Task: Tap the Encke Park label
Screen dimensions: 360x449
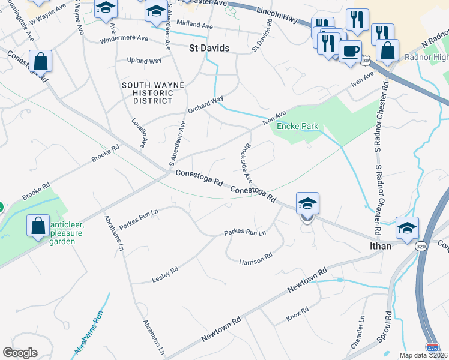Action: pyautogui.click(x=297, y=127)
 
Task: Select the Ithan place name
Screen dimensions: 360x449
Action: pyautogui.click(x=381, y=246)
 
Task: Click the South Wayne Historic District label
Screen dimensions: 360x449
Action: pyautogui.click(x=153, y=93)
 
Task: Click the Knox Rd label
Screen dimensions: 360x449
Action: pyautogui.click(x=297, y=313)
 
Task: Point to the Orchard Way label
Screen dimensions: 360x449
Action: pyautogui.click(x=205, y=103)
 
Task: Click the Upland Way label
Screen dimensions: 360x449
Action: pyautogui.click(x=144, y=61)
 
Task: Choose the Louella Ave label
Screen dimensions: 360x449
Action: pyautogui.click(x=140, y=133)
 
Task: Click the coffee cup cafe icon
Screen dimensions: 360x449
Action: pyautogui.click(x=350, y=50)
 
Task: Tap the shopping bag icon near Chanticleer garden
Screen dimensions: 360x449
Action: pyautogui.click(x=38, y=227)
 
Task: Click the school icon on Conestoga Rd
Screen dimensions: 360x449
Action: pyautogui.click(x=307, y=205)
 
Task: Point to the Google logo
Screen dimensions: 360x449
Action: pyautogui.click(x=20, y=353)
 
